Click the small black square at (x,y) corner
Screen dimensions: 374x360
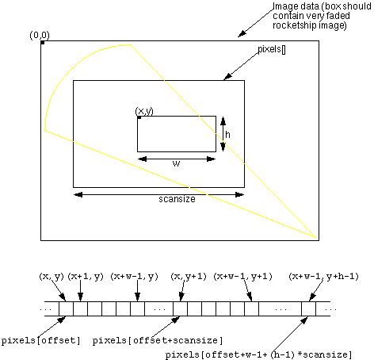click(x=139, y=117)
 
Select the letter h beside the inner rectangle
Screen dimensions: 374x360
click(x=227, y=135)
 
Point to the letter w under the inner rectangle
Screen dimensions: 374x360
click(x=176, y=163)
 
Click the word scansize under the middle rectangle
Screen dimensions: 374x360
click(x=177, y=199)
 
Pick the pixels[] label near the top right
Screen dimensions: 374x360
click(x=272, y=49)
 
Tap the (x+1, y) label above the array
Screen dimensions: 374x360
click(x=86, y=277)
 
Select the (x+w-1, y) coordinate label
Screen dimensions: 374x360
click(x=134, y=277)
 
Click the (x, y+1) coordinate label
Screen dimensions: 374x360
click(x=189, y=277)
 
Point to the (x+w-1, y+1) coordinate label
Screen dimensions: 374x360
click(x=242, y=277)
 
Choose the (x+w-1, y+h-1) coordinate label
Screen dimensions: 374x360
click(x=323, y=277)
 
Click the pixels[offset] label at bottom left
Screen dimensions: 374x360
click(x=40, y=340)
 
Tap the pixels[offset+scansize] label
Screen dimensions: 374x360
click(x=158, y=340)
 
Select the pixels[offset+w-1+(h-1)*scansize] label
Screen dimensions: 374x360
click(x=259, y=354)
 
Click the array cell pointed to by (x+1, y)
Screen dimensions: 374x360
click(x=80, y=308)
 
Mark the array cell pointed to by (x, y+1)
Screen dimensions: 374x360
click(x=180, y=308)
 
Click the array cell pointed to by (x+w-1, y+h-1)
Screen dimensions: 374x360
click(x=308, y=308)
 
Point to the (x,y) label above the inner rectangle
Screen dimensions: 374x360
click(x=144, y=111)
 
